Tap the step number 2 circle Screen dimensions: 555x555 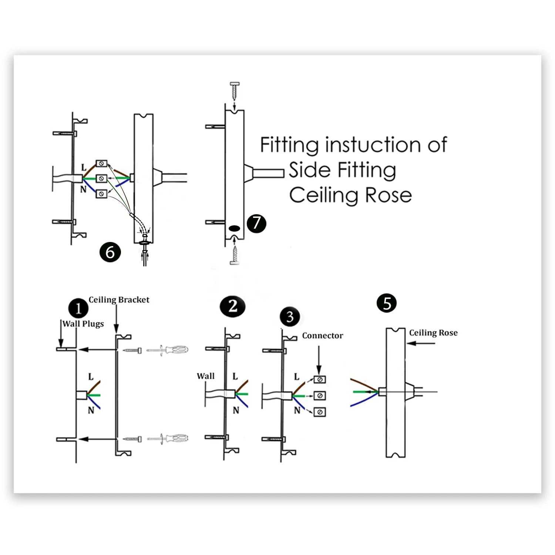click(232, 306)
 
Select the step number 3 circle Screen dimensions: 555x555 click(290, 317)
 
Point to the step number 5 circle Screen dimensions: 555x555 click(387, 303)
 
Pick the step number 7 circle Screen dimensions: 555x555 click(256, 223)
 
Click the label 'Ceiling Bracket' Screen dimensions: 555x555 click(119, 300)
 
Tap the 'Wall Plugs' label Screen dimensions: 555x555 click(83, 324)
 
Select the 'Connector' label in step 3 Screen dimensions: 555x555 click(323, 336)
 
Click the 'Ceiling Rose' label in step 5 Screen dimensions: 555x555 click(433, 333)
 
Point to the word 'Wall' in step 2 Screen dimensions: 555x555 click(206, 376)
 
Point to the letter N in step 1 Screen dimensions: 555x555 click(91, 410)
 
